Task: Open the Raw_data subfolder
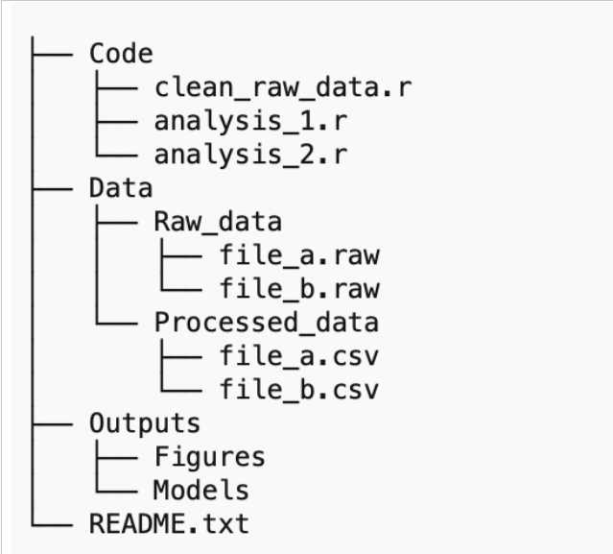pyautogui.click(x=217, y=221)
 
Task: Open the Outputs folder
pyautogui.click(x=145, y=423)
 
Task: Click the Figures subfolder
pyautogui.click(x=209, y=457)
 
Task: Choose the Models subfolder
pyautogui.click(x=201, y=490)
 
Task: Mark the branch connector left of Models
pyautogui.click(x=111, y=490)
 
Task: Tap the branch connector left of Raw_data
pyautogui.click(x=111, y=221)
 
